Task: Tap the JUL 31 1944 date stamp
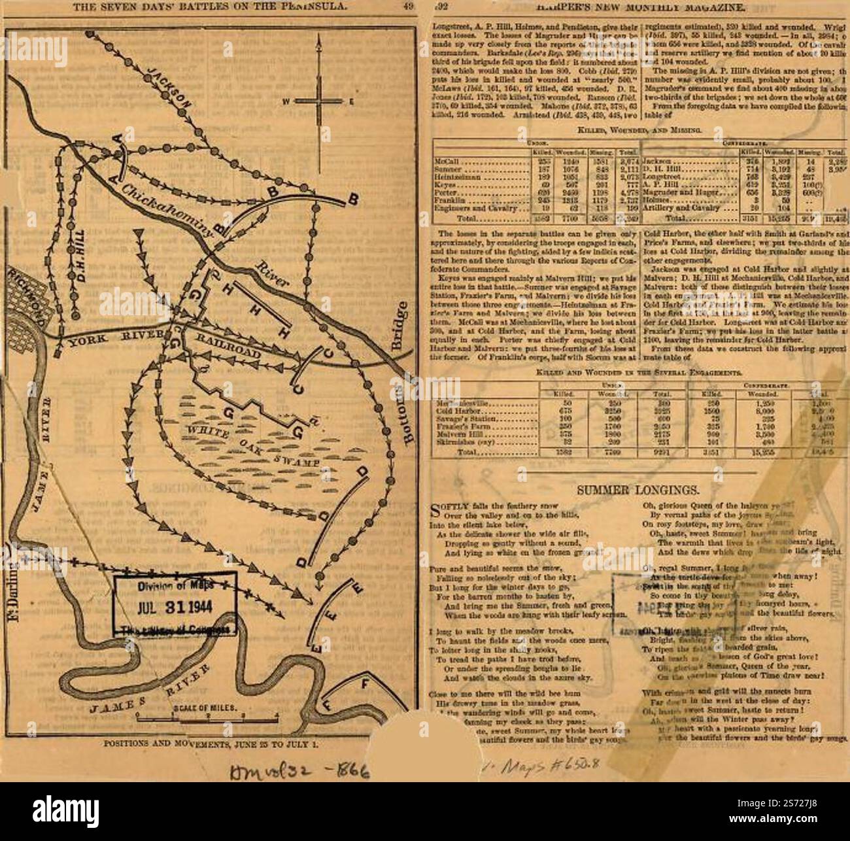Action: coord(175,602)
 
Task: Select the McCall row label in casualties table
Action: coord(445,160)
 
